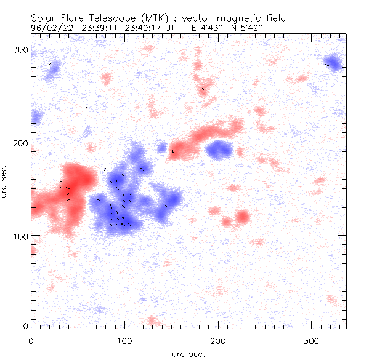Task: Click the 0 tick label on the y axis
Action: (25, 325)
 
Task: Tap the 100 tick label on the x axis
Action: (124, 340)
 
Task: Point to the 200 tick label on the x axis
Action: (218, 340)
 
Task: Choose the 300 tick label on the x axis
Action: (312, 340)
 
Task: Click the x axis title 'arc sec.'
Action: (188, 353)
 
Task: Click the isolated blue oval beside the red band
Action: (219, 148)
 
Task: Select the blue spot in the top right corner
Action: (333, 63)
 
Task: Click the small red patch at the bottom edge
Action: (152, 321)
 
